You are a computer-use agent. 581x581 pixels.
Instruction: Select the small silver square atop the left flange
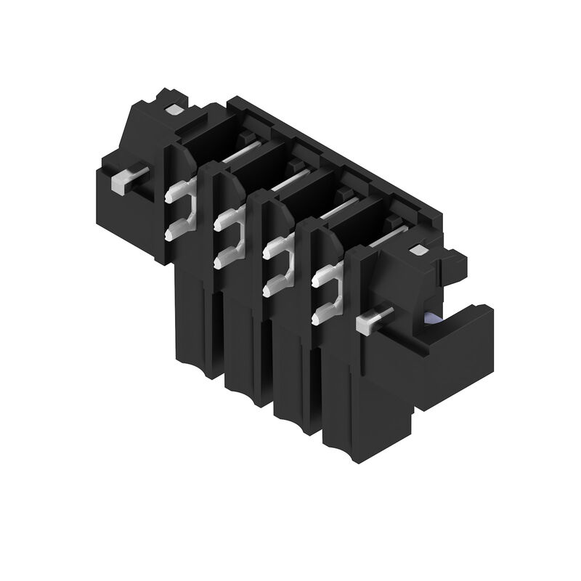pyautogui.click(x=174, y=110)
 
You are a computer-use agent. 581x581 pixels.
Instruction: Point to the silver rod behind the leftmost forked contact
pyautogui.click(x=240, y=153)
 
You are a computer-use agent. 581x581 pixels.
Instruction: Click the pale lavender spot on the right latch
pyautogui.click(x=433, y=317)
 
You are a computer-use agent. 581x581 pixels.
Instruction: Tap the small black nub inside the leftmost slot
pyautogui.click(x=247, y=138)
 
